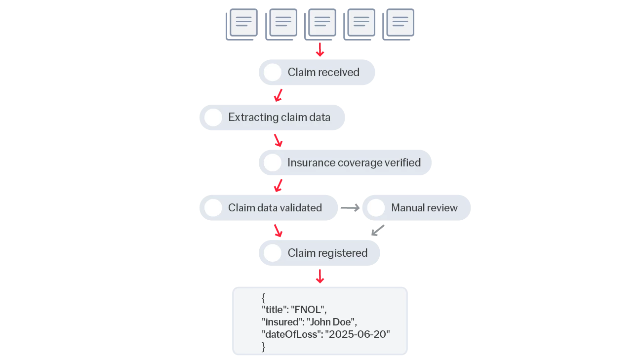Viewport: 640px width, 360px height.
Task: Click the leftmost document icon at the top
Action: (243, 23)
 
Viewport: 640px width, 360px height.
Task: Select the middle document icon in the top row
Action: (321, 23)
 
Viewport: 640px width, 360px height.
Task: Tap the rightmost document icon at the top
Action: (400, 23)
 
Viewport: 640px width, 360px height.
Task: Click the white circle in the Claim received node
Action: (273, 73)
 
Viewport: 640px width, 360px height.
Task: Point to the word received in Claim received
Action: (338, 73)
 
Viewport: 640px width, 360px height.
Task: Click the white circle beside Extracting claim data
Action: (213, 118)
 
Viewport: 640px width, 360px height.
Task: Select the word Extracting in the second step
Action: (253, 118)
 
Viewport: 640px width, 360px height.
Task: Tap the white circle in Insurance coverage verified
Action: (273, 162)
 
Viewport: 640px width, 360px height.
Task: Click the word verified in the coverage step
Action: (401, 162)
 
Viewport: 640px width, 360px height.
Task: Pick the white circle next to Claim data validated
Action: (213, 208)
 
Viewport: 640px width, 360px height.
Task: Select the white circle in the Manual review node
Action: (376, 208)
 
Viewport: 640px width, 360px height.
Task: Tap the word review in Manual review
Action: (442, 208)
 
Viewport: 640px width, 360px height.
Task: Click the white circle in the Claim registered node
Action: (273, 253)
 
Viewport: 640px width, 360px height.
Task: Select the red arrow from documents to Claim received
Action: (320, 50)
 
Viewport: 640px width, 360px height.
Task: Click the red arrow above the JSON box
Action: (320, 277)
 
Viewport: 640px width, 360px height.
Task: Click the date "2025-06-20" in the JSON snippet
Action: (358, 334)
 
